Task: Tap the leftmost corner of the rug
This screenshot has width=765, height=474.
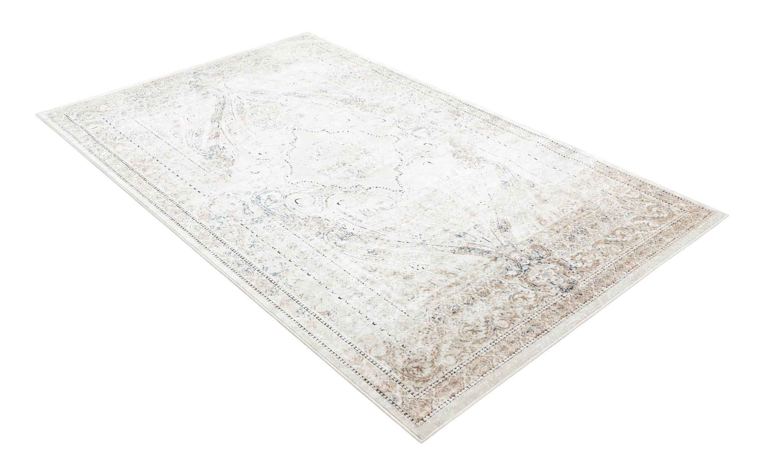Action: [37, 113]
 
